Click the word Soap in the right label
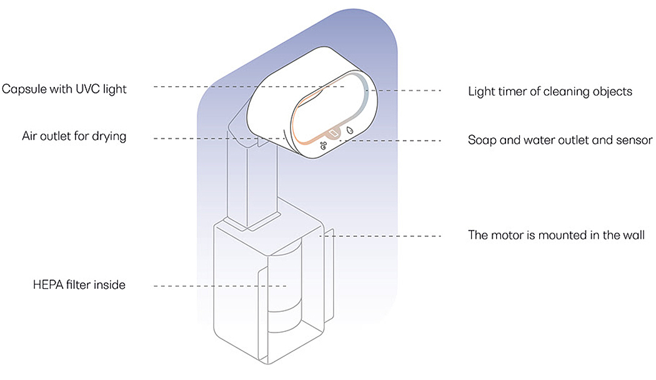[x=482, y=140]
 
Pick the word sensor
[x=635, y=140]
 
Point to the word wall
[x=633, y=236]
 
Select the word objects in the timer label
[x=612, y=92]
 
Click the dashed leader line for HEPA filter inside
[x=219, y=286]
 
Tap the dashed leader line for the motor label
[x=387, y=236]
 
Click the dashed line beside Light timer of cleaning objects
[x=409, y=91]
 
